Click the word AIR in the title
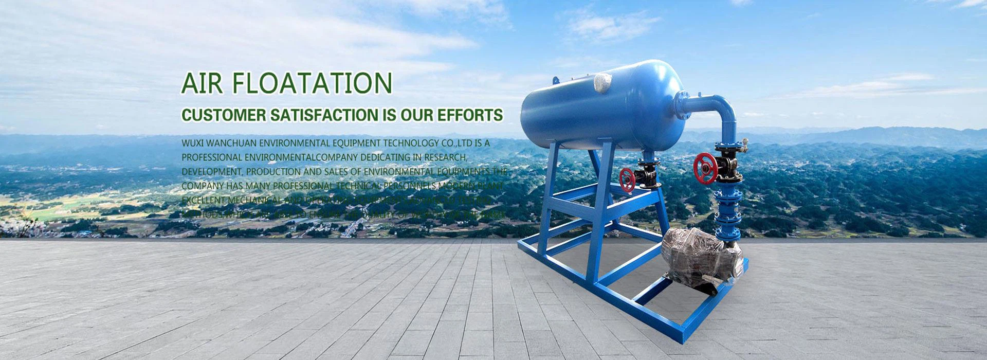coord(202,83)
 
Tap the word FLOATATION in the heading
coord(312,83)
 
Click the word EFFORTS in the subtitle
coord(470,115)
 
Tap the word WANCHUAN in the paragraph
coord(231,143)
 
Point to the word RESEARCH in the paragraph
coord(447,157)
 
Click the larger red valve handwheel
coord(705,168)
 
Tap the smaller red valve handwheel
coord(627,180)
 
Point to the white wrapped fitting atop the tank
coord(602,82)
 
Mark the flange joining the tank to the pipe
coord(682,105)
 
